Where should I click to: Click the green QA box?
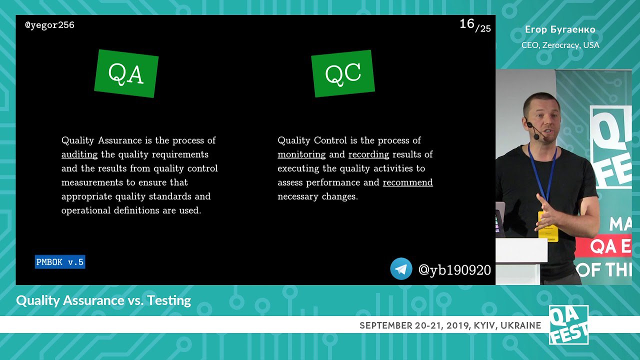(x=126, y=73)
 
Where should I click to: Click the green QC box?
(x=343, y=73)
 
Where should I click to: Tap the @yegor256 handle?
(x=49, y=25)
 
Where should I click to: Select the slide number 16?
(x=466, y=23)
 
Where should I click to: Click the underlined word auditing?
(x=79, y=154)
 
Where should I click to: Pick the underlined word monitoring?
(x=301, y=154)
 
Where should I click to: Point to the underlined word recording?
(x=368, y=154)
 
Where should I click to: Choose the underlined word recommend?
(x=407, y=182)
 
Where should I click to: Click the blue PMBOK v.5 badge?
(x=60, y=262)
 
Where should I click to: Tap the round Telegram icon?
(x=401, y=269)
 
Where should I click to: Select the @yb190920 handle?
(x=454, y=270)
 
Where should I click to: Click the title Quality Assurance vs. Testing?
(x=103, y=300)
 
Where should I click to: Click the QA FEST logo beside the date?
(x=568, y=325)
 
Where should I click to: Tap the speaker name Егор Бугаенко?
(x=560, y=29)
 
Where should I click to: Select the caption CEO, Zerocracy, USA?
(x=560, y=45)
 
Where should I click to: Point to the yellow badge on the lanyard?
(x=547, y=226)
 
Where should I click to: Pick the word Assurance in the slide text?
(x=120, y=140)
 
